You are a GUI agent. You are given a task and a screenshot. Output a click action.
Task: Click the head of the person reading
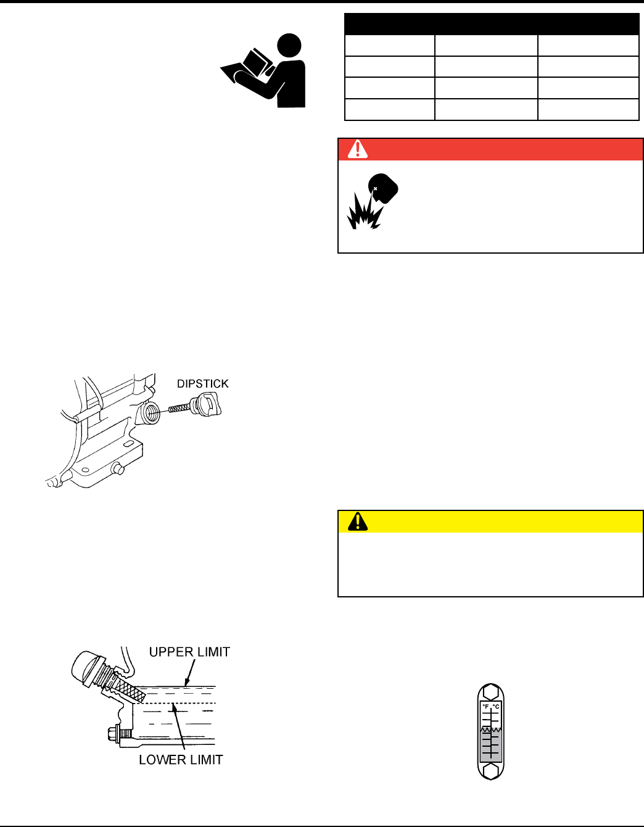(x=289, y=46)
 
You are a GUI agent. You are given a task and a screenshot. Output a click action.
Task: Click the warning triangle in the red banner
(x=358, y=149)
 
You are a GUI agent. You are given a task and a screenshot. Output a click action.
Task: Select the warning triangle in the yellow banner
(x=358, y=522)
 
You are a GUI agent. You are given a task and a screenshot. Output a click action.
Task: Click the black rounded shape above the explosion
(x=383, y=188)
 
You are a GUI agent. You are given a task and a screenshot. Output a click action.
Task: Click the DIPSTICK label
(x=203, y=384)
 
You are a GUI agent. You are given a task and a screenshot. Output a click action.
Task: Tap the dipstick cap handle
(x=207, y=404)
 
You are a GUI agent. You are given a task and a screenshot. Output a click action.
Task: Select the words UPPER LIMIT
(x=189, y=652)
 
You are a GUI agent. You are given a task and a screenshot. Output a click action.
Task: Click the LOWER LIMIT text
(x=181, y=760)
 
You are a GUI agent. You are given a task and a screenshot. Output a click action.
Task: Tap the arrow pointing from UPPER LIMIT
(x=190, y=673)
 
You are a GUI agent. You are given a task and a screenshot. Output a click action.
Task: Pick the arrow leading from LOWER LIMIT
(x=178, y=726)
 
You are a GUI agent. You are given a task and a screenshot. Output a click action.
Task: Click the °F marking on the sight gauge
(x=485, y=707)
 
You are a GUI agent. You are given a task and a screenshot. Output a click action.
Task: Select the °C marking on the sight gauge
(x=496, y=707)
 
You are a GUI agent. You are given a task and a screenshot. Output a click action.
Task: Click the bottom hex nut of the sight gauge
(x=490, y=771)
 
